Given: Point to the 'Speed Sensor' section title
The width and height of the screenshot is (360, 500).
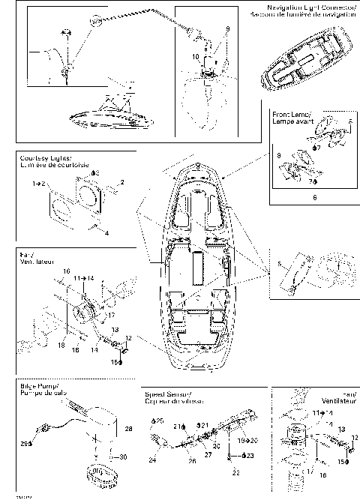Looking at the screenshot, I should pos(169,393).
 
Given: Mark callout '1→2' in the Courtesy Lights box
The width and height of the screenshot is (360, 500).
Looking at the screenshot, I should pos(39,183).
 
